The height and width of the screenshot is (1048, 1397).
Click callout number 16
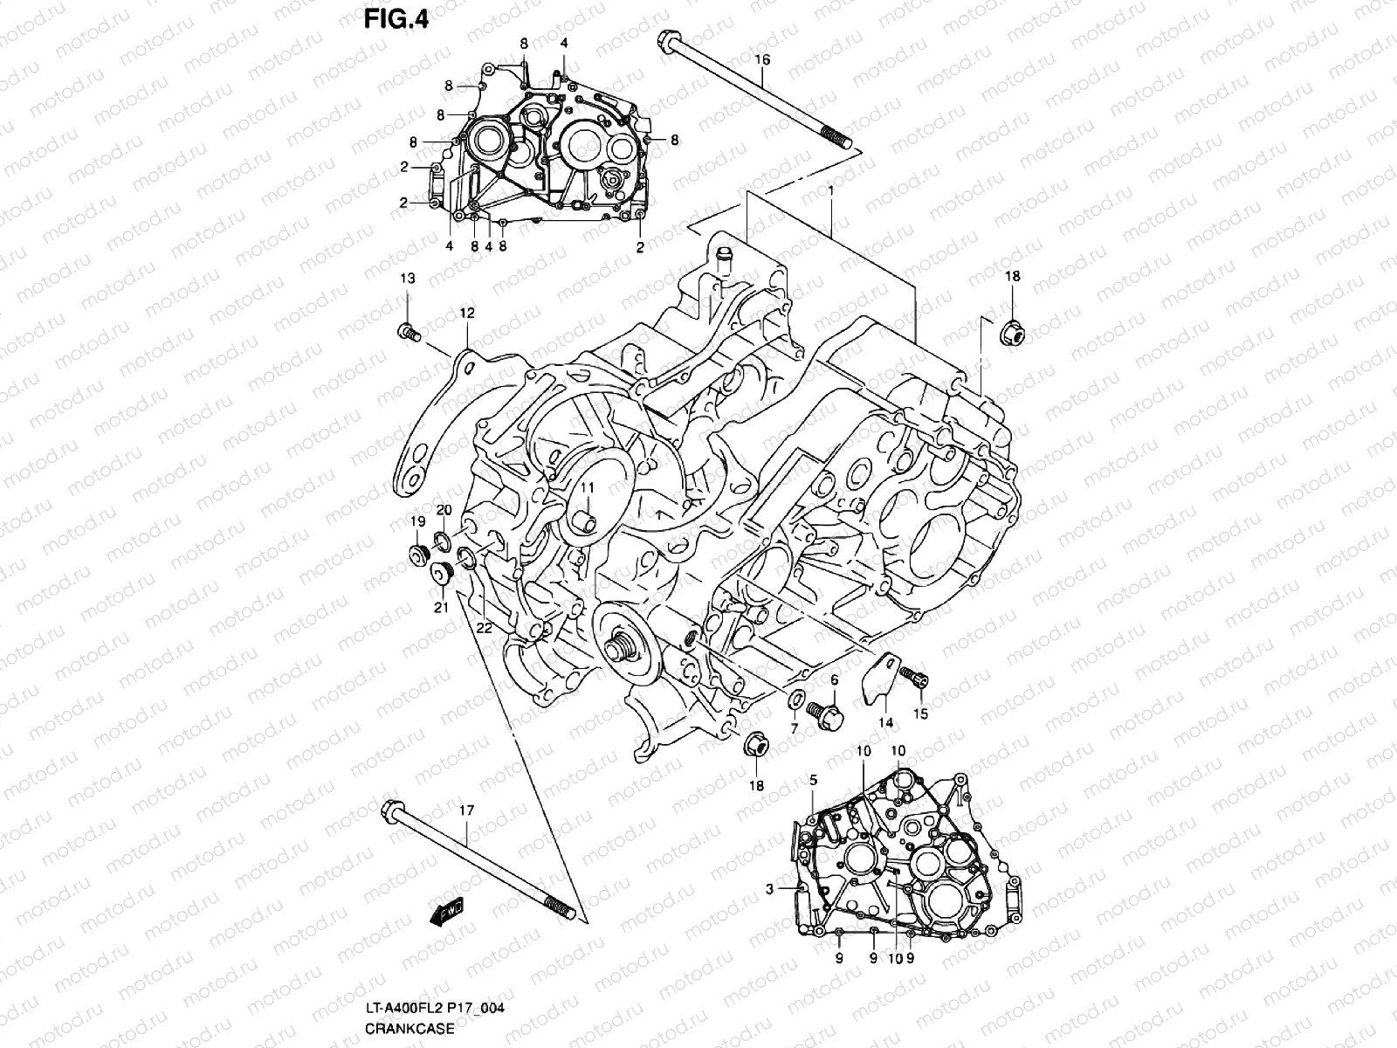click(761, 59)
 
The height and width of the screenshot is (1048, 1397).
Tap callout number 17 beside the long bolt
click(466, 811)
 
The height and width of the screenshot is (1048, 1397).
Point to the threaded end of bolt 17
click(559, 907)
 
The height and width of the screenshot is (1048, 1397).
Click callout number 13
click(408, 279)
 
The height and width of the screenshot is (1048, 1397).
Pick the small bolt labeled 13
click(409, 332)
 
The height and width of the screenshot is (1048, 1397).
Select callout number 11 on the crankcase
click(588, 488)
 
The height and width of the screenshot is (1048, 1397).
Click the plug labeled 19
click(419, 555)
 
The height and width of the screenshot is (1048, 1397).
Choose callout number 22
click(484, 627)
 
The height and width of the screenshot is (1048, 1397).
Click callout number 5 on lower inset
click(813, 780)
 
